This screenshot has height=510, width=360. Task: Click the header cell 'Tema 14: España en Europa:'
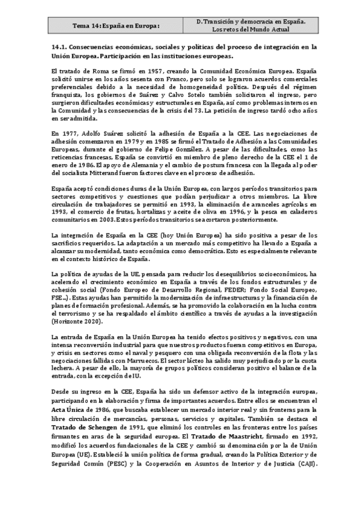[x=116, y=25]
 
